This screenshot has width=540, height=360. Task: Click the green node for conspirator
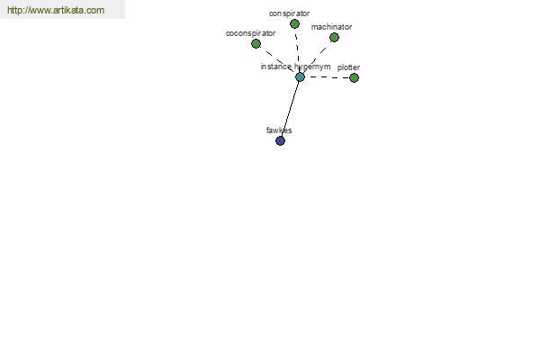pyautogui.click(x=294, y=23)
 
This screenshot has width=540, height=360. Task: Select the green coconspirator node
pyautogui.click(x=256, y=44)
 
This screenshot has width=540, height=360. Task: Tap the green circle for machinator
pyautogui.click(x=334, y=37)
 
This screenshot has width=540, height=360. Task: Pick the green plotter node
pyautogui.click(x=354, y=78)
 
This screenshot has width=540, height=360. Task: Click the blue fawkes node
pyautogui.click(x=280, y=140)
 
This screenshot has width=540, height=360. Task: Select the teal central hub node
pyautogui.click(x=300, y=76)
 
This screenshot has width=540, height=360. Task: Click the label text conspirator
pyautogui.click(x=289, y=13)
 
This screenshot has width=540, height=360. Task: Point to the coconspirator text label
pyautogui.click(x=250, y=33)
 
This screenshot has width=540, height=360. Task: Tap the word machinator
pyautogui.click(x=331, y=27)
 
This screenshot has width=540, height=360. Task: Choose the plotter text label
pyautogui.click(x=348, y=67)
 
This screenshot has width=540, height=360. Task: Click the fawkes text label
pyautogui.click(x=279, y=130)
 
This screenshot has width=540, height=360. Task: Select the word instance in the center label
pyautogui.click(x=276, y=67)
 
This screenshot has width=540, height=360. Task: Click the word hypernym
pyautogui.click(x=312, y=67)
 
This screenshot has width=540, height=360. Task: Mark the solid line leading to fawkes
pyautogui.click(x=291, y=109)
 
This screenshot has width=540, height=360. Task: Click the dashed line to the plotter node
pyautogui.click(x=328, y=77)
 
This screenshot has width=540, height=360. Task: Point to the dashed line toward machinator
pyautogui.click(x=317, y=58)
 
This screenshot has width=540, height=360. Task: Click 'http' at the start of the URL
pyautogui.click(x=14, y=10)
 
